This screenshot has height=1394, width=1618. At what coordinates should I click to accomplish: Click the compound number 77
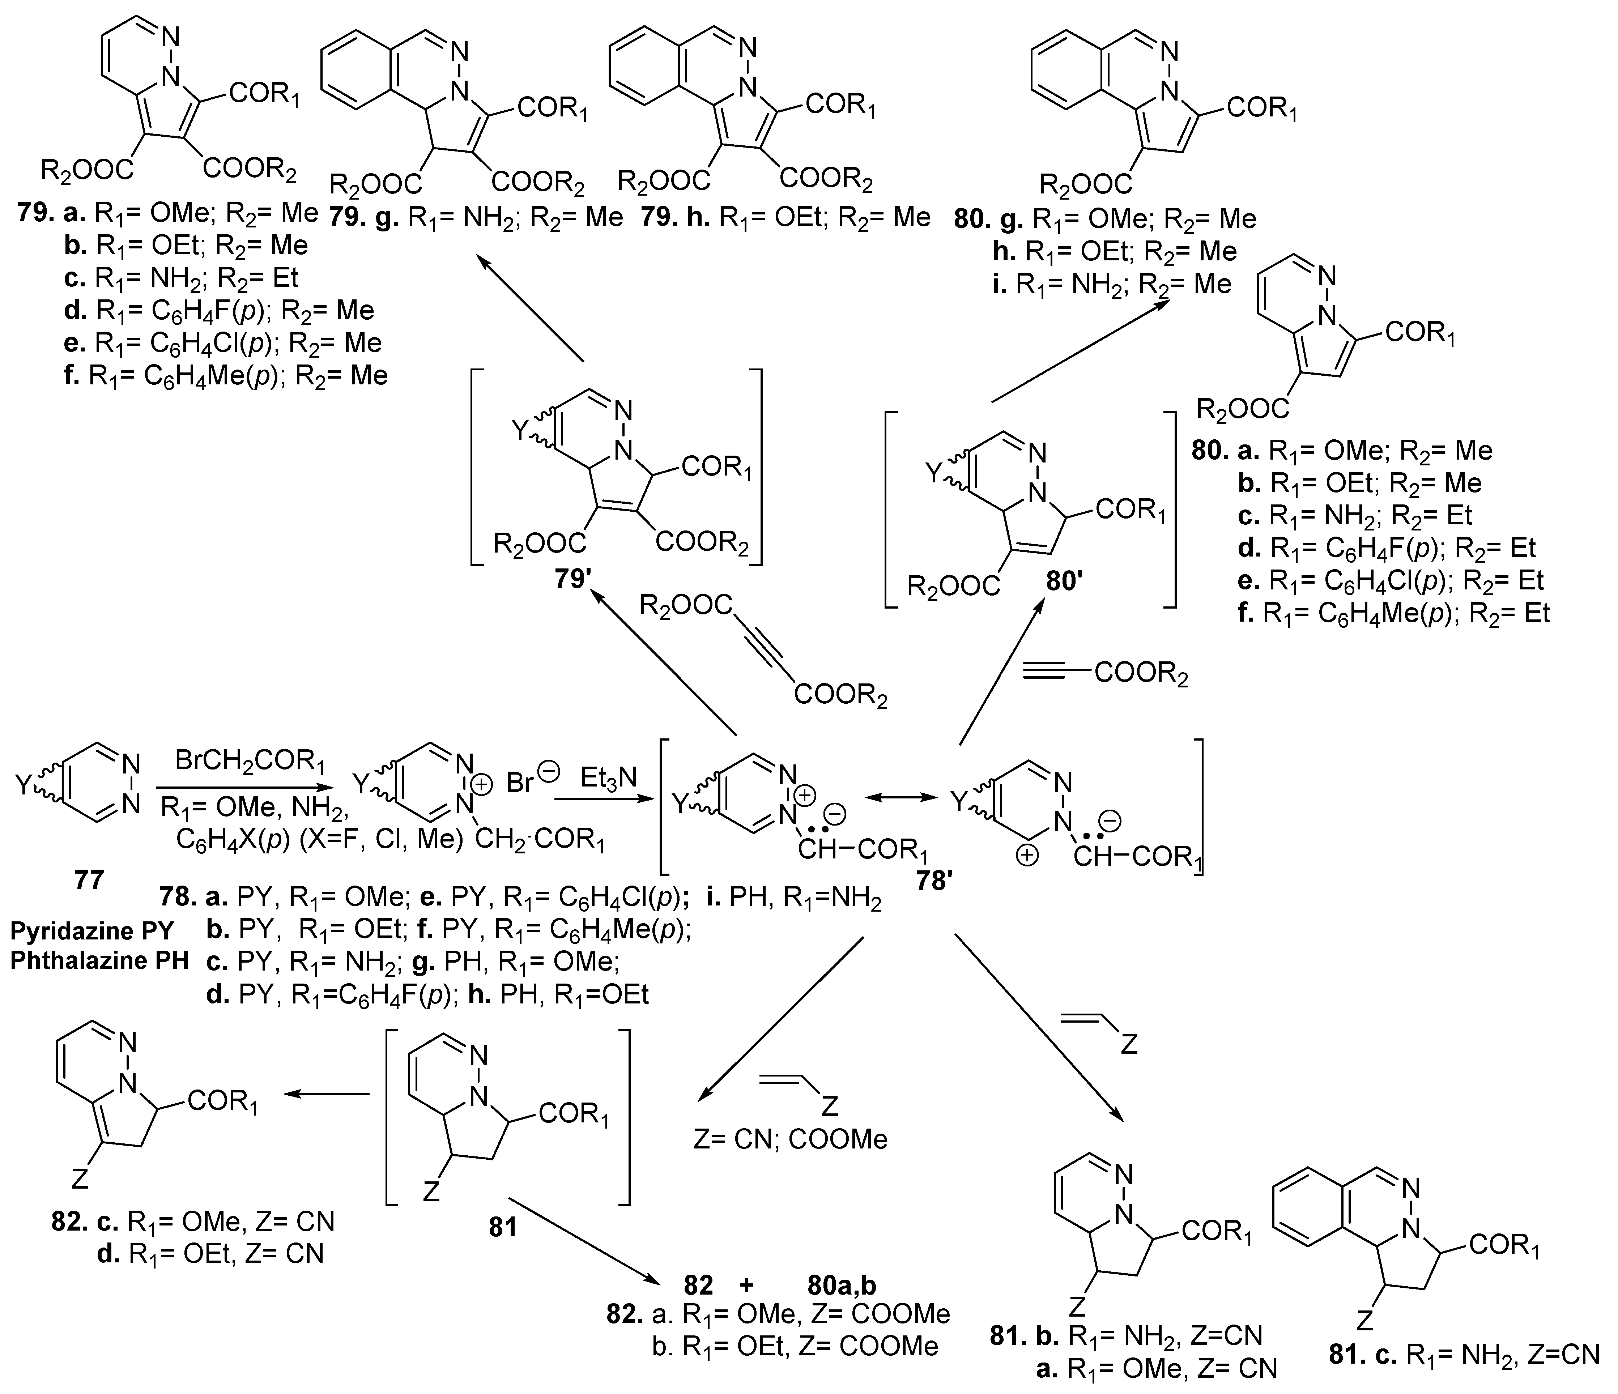tap(88, 880)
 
